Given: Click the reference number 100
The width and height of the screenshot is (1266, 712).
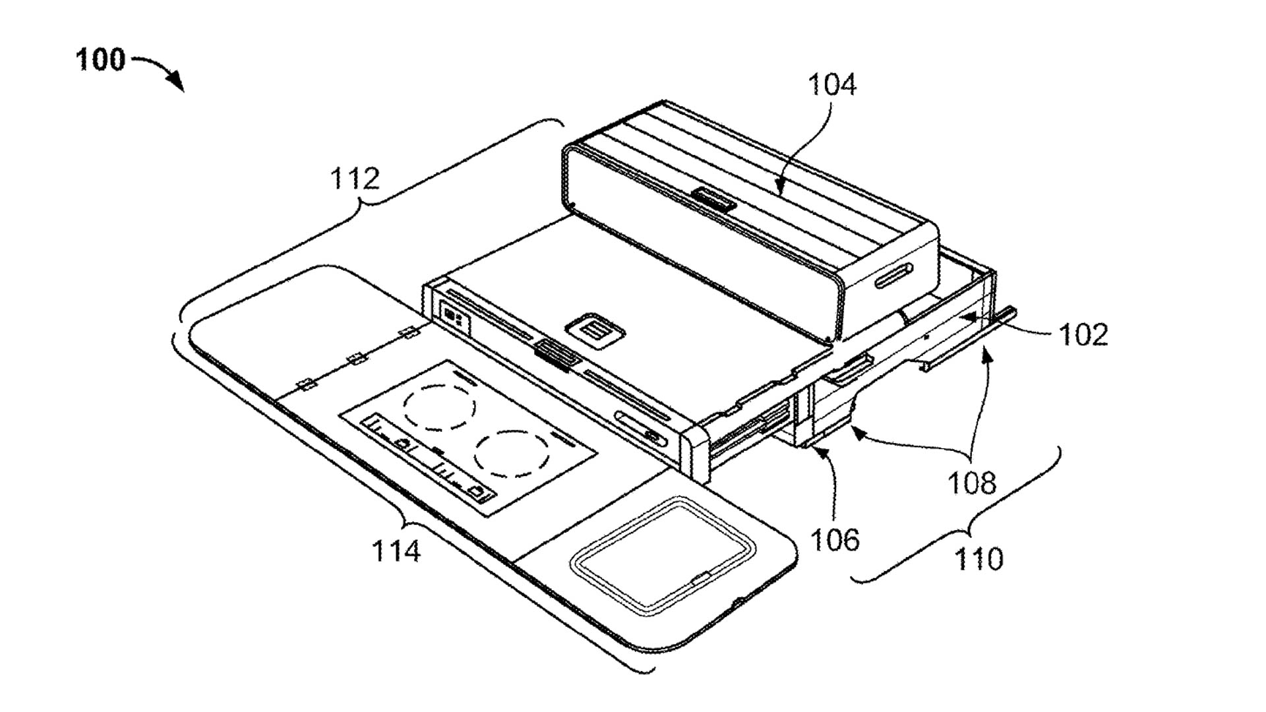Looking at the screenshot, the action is coord(100,60).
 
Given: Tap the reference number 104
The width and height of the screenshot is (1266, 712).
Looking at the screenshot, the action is coord(832,85).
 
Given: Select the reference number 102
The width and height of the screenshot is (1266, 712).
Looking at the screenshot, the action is coord(1083,334).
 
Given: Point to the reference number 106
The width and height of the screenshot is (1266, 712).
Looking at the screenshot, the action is coord(835,540).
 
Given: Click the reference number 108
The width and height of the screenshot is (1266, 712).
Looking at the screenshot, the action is coord(972,483).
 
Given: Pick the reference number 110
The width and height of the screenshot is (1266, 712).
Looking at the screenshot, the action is coord(979,559).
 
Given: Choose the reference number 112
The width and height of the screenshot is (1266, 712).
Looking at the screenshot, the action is coord(355,178).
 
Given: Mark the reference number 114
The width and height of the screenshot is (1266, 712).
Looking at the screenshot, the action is coord(396,550).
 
